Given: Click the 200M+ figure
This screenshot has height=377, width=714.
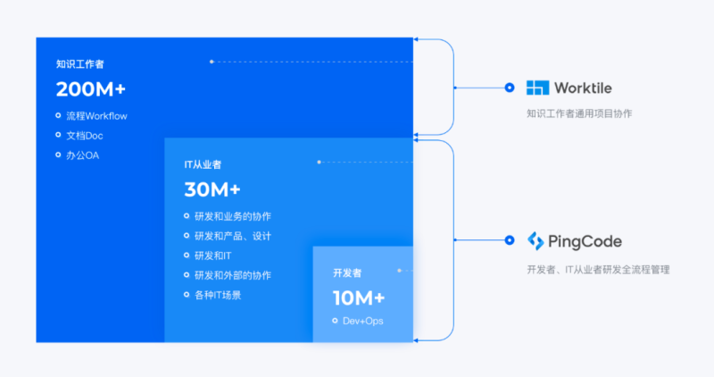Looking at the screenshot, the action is pos(91,89).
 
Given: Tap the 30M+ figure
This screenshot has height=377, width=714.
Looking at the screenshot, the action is pos(212,189).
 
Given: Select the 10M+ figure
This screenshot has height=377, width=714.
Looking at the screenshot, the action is pos(359,298).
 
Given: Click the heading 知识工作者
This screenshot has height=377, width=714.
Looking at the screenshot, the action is pos(80,64).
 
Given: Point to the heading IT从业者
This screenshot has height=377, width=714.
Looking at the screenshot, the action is pos(203,164).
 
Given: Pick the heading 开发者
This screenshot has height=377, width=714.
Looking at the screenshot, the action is pos(347,273).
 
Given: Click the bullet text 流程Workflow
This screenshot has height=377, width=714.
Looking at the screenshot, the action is pos(97,116).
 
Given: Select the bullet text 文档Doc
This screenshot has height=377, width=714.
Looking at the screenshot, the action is pos(85,136).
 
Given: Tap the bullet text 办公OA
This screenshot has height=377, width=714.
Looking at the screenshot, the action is pos(83,155).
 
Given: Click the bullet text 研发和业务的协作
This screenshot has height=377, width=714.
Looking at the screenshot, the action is pos(233,216).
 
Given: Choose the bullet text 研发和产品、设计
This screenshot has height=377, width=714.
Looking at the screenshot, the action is pos(233,236).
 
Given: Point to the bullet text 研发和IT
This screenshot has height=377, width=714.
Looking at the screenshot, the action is pos(213,256).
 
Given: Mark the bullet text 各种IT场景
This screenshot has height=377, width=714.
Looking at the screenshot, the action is pos(218,295).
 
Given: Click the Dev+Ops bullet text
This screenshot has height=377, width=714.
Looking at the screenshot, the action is pos(363,321).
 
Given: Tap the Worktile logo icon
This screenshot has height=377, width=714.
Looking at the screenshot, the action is pos(538,88).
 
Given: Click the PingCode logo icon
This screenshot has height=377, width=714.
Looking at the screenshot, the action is pos(535,240).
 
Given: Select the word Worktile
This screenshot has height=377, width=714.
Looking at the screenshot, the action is pos(583,88).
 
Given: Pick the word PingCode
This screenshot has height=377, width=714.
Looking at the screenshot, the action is pos(585,241).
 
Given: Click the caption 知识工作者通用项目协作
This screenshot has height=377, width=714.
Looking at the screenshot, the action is pos(579,113).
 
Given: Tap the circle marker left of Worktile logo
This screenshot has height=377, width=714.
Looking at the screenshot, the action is pos(510,88).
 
